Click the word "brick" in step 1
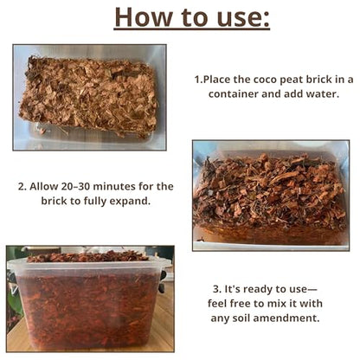coord(319,80)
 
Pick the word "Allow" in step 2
coord(44,186)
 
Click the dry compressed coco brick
coord(89,96)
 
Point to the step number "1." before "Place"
coord(198,80)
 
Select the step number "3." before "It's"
coord(217,289)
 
